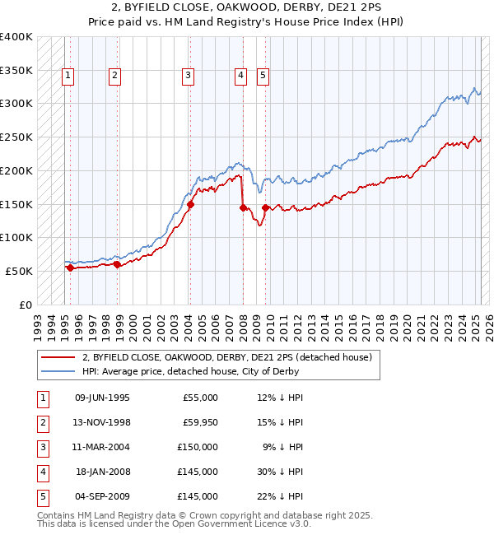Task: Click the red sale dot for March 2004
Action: coord(190,204)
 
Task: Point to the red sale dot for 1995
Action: coord(71,267)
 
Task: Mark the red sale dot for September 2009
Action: coord(265,207)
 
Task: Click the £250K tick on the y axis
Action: coord(16,137)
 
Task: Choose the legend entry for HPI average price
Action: coord(190,371)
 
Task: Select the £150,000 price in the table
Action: coord(198,447)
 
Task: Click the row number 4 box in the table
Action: coord(42,472)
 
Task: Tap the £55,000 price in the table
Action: coord(200,398)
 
